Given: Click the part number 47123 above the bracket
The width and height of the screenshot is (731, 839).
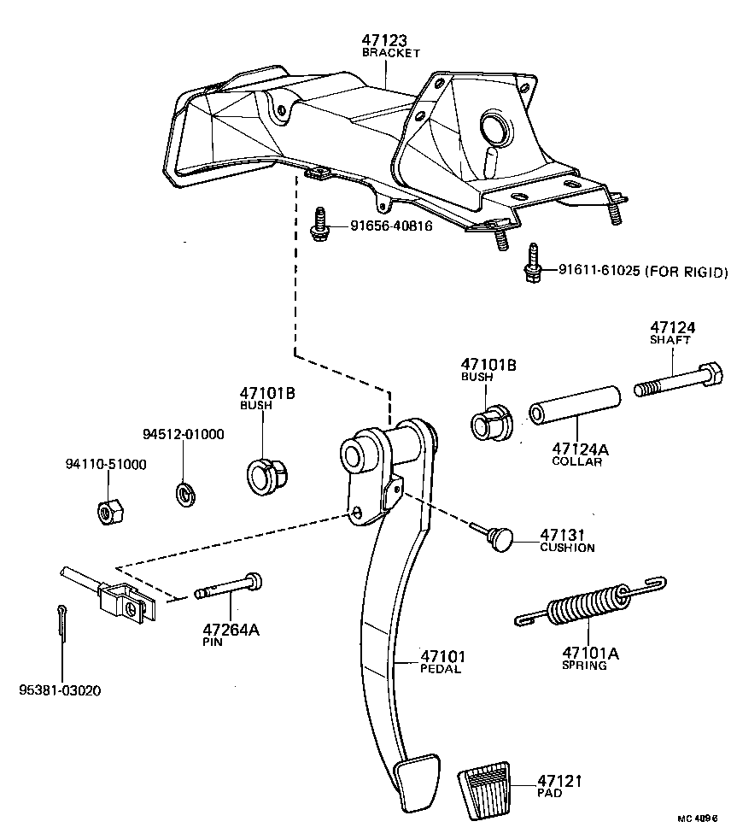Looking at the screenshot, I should (x=384, y=40).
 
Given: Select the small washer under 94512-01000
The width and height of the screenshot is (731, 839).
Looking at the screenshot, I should (x=183, y=493).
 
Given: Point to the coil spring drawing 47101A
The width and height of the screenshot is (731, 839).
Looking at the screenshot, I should (x=588, y=606).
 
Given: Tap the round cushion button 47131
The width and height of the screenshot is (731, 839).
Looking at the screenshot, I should (x=501, y=538).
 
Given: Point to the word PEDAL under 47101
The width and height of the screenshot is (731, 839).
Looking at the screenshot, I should (x=440, y=669).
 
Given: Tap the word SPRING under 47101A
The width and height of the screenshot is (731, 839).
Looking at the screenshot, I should (x=584, y=666).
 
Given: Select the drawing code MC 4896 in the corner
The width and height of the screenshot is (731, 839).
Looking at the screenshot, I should (x=699, y=818).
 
